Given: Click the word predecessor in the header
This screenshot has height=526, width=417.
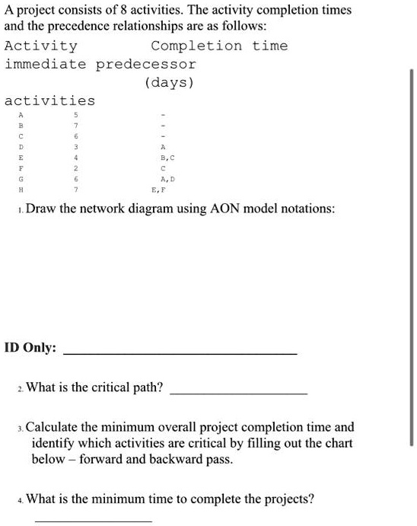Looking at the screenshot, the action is pyautogui.click(x=146, y=64).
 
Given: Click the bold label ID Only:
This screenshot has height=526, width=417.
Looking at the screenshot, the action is pyautogui.click(x=30, y=347).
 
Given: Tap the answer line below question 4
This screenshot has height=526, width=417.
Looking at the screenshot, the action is pyautogui.click(x=93, y=520).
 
